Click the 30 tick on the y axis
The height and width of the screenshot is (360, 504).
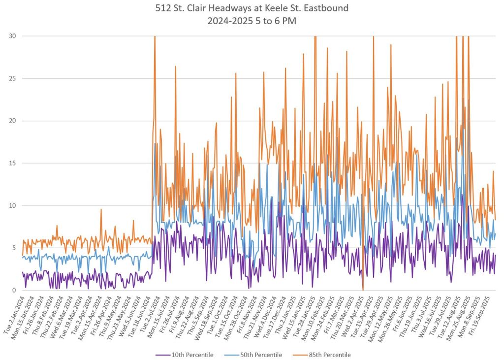tap(12, 36)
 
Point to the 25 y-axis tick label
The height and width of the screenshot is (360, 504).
tap(12, 78)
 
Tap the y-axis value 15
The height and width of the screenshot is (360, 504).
tap(12, 163)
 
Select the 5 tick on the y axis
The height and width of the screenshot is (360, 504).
tap(14, 248)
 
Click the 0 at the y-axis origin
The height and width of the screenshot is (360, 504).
tap(14, 290)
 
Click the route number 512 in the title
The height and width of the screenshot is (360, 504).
tap(162, 9)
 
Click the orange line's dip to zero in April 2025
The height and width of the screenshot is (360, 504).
tap(363, 290)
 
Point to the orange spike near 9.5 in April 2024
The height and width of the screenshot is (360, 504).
tap(101, 209)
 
